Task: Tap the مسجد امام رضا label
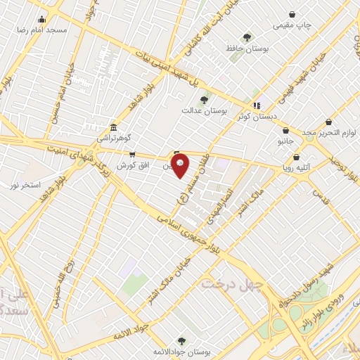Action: (x=44, y=31)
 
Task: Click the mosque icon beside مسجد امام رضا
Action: (x=43, y=20)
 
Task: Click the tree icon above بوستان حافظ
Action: (x=247, y=37)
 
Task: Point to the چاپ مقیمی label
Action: (x=290, y=25)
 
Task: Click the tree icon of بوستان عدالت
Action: (x=204, y=100)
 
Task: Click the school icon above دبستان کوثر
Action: (x=257, y=105)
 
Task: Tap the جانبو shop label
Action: (x=285, y=141)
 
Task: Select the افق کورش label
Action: (x=131, y=165)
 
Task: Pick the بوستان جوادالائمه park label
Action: (x=181, y=351)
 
